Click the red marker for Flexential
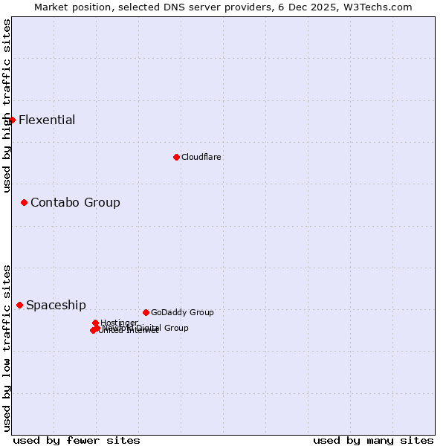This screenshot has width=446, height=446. click(x=12, y=120)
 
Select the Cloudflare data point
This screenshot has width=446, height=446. click(x=176, y=157)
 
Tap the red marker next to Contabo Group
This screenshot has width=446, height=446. click(x=24, y=202)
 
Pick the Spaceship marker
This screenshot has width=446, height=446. click(x=20, y=305)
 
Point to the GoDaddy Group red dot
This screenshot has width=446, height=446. click(x=146, y=312)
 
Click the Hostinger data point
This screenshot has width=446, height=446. click(x=95, y=323)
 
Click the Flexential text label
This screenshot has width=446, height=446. click(x=47, y=120)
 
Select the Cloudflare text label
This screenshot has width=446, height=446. click(x=201, y=157)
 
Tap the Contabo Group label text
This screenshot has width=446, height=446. click(x=75, y=202)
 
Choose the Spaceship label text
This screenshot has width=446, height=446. click(x=56, y=305)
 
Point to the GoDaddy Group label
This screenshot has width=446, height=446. click(x=182, y=312)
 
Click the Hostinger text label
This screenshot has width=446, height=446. click(x=119, y=323)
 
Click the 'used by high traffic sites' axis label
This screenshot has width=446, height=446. click(x=7, y=106)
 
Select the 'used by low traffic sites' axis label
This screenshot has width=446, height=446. click(x=7, y=347)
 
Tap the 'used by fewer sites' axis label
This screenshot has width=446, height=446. click(x=77, y=440)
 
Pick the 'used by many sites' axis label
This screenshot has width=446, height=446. click(x=373, y=440)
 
